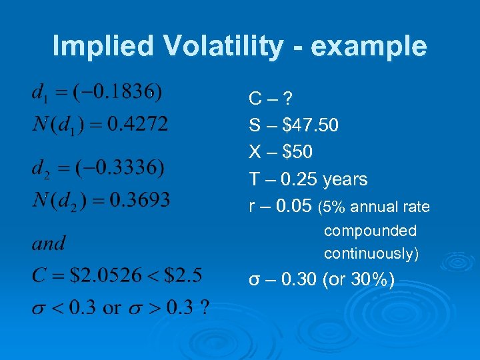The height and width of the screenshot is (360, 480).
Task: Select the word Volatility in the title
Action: pos(223,47)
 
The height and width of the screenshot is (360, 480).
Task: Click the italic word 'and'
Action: pos(49,243)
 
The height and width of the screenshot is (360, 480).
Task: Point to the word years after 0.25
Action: pos(345,179)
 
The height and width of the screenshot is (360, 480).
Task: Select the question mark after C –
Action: pos(287,99)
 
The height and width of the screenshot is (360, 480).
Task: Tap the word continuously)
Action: pos(371,254)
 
